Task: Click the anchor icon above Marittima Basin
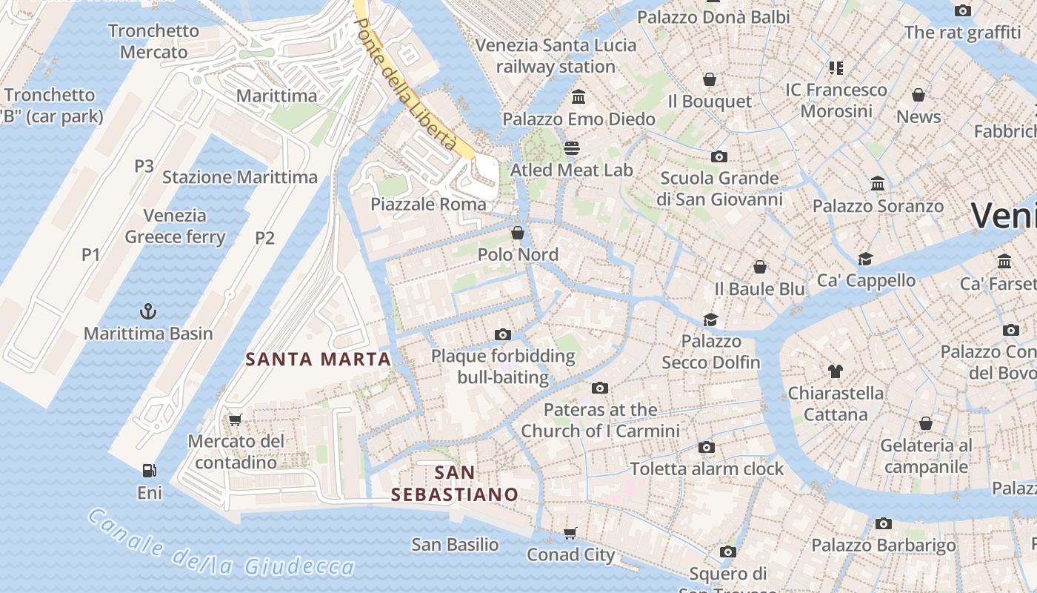tap(148, 311)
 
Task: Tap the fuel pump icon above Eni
tap(149, 470)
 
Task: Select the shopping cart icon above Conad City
tap(570, 533)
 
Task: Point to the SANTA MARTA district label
tap(318, 360)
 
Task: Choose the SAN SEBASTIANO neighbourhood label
tap(455, 483)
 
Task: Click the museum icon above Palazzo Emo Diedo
tap(578, 96)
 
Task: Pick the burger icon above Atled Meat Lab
tap(571, 148)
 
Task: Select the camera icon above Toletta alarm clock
tap(707, 447)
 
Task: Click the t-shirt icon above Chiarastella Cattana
tap(836, 371)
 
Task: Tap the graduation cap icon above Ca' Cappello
tap(865, 259)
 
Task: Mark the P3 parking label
tap(144, 165)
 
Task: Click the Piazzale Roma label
tap(429, 204)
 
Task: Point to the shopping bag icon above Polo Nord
tap(517, 233)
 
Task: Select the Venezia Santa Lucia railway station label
tap(556, 56)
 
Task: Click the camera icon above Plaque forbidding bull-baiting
tap(502, 334)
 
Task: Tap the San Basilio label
tap(455, 545)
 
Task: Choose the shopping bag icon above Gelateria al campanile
tap(925, 423)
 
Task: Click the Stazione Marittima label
tap(240, 177)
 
